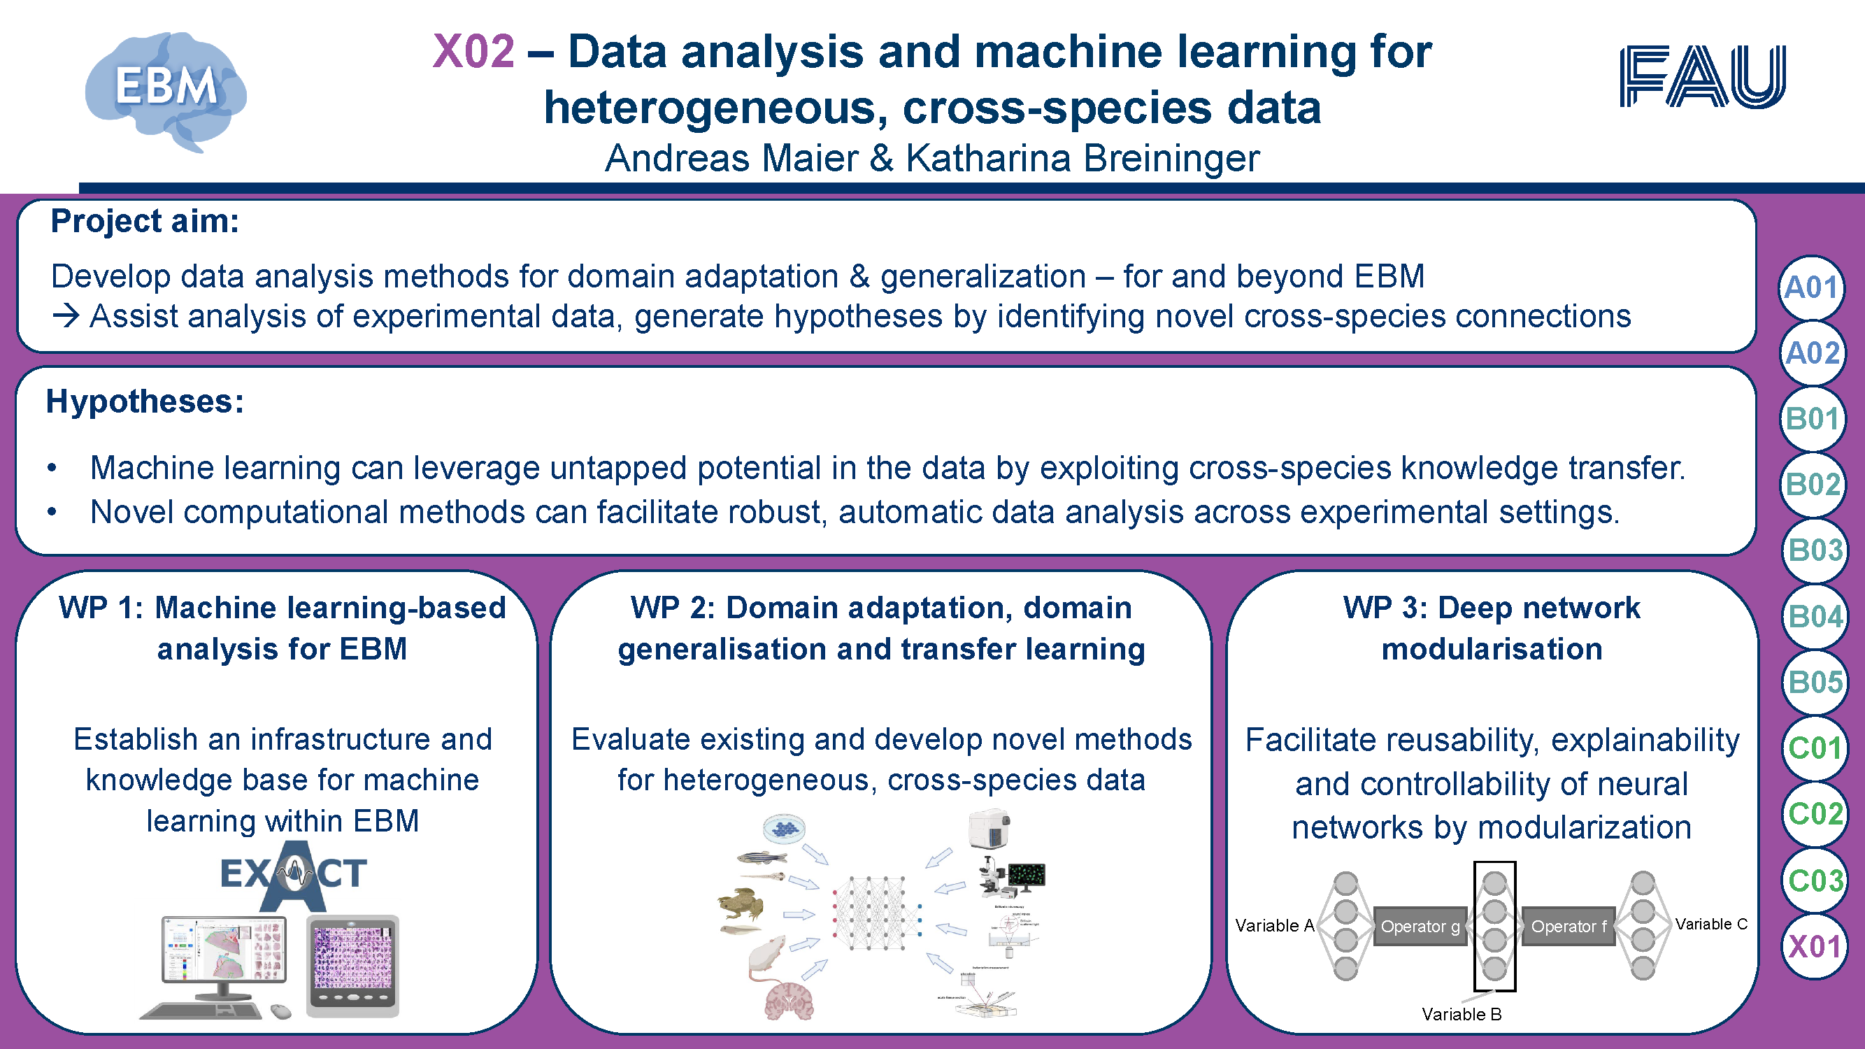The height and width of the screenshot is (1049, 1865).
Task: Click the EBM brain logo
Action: [166, 90]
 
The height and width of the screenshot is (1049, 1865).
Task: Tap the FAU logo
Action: [1702, 76]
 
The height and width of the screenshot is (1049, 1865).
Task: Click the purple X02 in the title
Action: [473, 52]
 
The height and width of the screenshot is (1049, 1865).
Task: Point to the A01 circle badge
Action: [1810, 287]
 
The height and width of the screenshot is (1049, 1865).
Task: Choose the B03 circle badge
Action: [1815, 550]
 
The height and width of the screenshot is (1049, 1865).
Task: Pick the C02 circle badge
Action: [1815, 814]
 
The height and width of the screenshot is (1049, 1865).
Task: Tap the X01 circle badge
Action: [1815, 946]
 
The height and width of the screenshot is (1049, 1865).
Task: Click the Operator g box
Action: [1420, 926]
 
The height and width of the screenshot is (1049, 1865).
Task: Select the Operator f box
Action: [1569, 926]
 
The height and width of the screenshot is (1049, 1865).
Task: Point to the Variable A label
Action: [1274, 925]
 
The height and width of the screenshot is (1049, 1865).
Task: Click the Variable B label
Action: [1461, 1014]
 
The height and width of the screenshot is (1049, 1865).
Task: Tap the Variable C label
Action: [1710, 924]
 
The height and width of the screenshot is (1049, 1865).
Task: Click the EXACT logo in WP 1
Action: [294, 875]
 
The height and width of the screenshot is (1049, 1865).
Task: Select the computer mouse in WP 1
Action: [281, 1011]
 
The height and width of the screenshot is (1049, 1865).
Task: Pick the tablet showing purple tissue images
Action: [352, 965]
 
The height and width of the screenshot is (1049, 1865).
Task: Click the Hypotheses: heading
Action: [145, 401]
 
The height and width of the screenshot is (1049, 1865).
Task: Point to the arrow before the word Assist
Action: [66, 316]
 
